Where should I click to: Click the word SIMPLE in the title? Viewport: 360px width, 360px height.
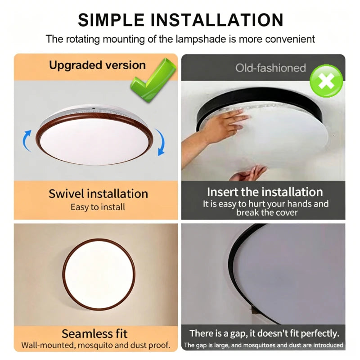(x=111, y=20)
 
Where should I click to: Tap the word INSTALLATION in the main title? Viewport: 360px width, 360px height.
(x=217, y=20)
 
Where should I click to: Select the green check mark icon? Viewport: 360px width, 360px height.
(x=153, y=80)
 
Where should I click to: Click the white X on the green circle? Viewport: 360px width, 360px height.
(x=326, y=81)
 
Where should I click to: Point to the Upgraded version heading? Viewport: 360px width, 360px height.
(x=97, y=65)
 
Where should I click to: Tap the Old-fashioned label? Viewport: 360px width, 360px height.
(x=270, y=68)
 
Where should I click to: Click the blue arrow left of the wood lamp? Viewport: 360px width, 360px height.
(x=27, y=141)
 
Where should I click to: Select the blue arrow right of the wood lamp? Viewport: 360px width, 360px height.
(x=160, y=142)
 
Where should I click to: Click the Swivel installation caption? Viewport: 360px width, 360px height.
(x=98, y=194)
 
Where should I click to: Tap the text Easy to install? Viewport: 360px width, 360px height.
(x=98, y=207)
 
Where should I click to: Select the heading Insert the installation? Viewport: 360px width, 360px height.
(x=265, y=192)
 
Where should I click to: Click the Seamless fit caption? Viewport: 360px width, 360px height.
(x=94, y=333)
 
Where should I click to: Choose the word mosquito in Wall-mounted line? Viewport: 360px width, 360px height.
(x=94, y=345)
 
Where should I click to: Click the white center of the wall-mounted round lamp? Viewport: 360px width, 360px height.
(x=99, y=274)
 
